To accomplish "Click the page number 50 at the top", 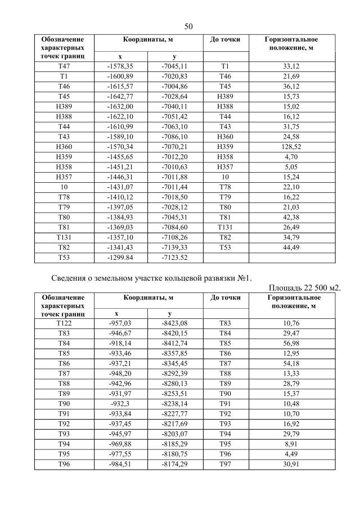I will click(x=188, y=26).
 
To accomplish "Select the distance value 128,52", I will click(x=292, y=147).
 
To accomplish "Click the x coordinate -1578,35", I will click(x=119, y=66).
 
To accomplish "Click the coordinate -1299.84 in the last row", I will click(x=119, y=258).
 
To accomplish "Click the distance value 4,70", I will click(x=292, y=157).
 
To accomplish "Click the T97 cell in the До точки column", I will click(x=225, y=465).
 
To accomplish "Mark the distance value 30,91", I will click(x=292, y=465).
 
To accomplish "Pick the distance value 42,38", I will click(x=292, y=218).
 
